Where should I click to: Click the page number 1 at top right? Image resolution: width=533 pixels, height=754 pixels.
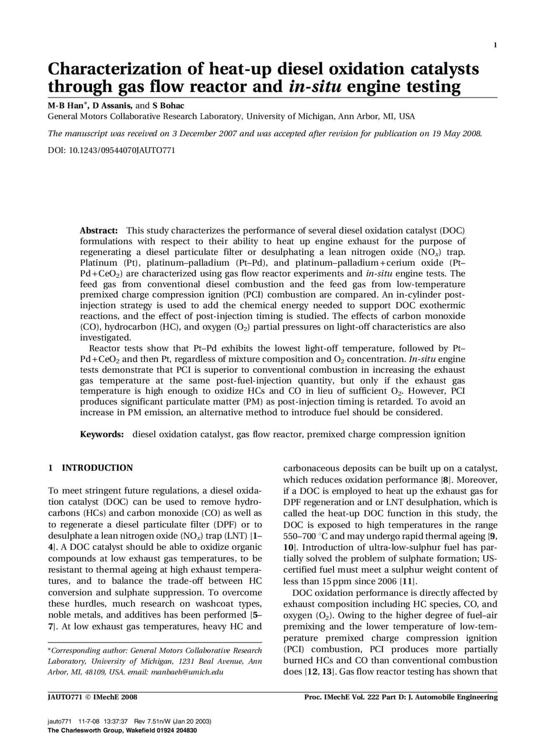(x=495, y=45)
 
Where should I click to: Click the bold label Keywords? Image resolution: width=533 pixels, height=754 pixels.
(x=102, y=435)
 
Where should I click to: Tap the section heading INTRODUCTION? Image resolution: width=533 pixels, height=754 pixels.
(x=97, y=468)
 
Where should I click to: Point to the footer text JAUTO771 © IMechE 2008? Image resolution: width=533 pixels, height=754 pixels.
(x=92, y=697)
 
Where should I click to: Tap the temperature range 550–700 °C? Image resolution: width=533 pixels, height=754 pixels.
(x=306, y=536)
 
